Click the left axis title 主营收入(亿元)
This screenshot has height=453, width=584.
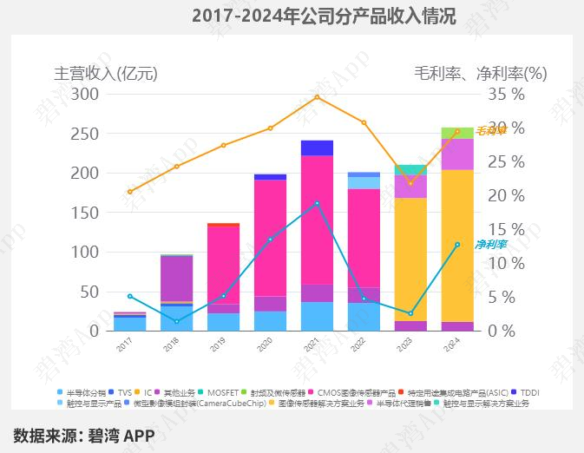(x=106, y=73)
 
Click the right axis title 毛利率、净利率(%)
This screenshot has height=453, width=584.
(x=480, y=73)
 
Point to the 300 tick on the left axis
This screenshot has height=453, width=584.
(x=87, y=94)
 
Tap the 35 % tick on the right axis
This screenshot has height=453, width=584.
(x=508, y=94)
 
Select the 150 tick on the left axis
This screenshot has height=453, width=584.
(x=87, y=213)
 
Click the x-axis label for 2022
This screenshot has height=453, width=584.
(x=364, y=345)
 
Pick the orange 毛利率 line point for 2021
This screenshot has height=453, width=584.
(x=317, y=96)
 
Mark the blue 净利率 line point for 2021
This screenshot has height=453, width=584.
(x=317, y=203)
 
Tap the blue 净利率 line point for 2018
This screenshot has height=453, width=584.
(x=176, y=322)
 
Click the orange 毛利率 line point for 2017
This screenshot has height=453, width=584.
(x=129, y=192)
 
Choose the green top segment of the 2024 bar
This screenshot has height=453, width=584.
(x=457, y=133)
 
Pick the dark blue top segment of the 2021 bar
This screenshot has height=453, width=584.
(x=317, y=148)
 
